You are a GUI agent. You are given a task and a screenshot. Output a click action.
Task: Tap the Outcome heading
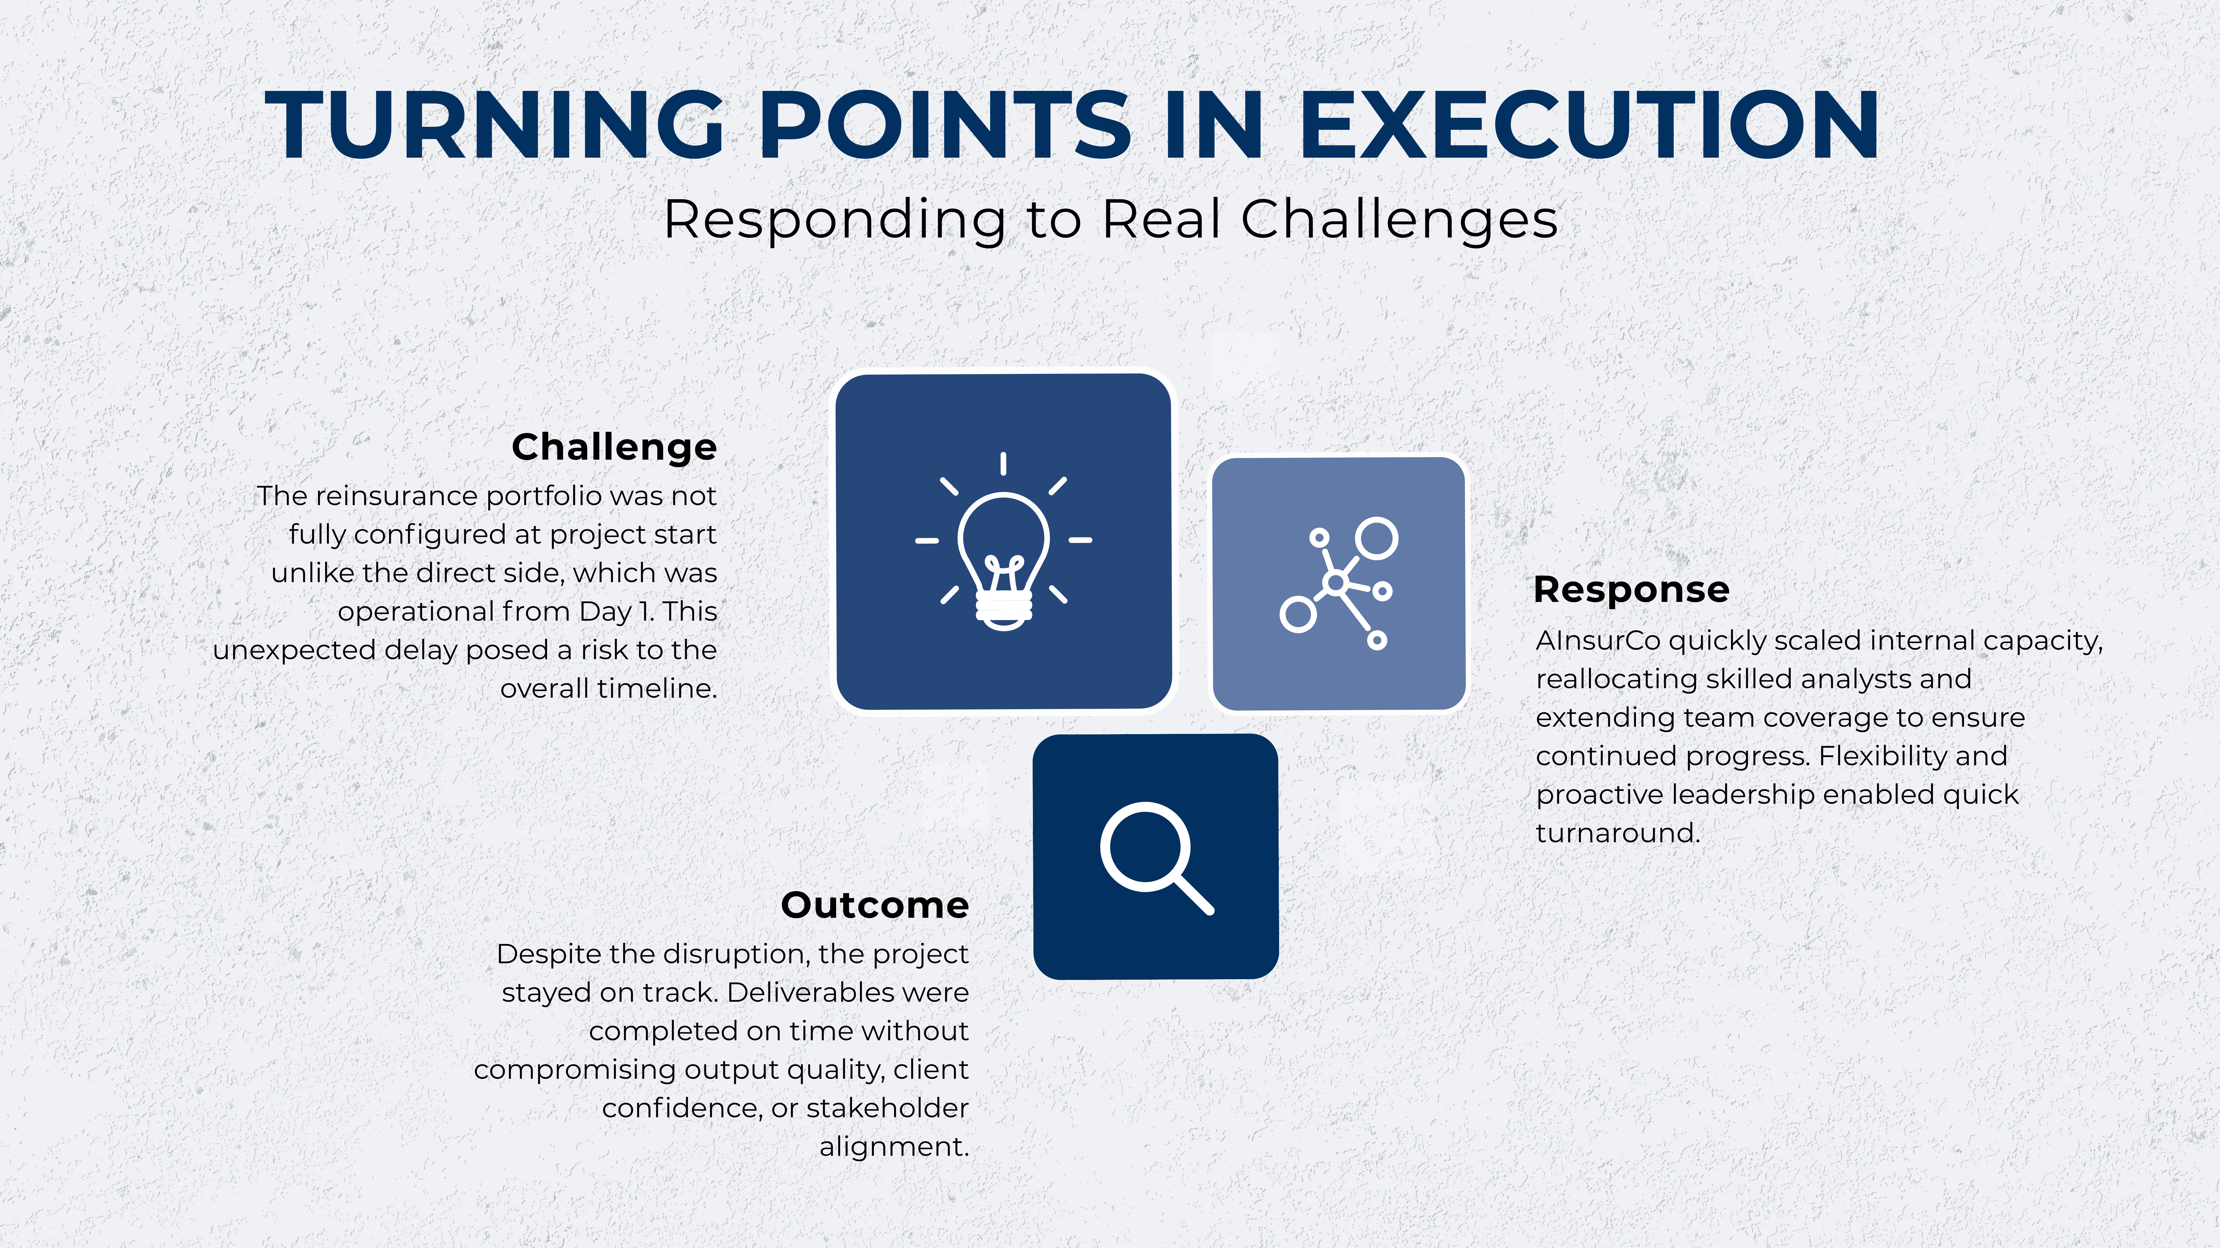(x=875, y=905)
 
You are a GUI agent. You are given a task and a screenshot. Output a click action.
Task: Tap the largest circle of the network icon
(x=1376, y=539)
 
